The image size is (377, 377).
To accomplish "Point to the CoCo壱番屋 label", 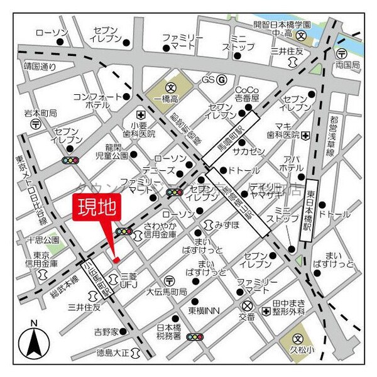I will click(x=248, y=96).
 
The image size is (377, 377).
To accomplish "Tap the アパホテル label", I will click(x=291, y=163).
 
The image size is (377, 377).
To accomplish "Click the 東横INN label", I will click(x=204, y=311).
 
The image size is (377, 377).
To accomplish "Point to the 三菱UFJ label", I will click(x=129, y=280).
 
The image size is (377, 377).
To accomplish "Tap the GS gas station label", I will click(x=208, y=80).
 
